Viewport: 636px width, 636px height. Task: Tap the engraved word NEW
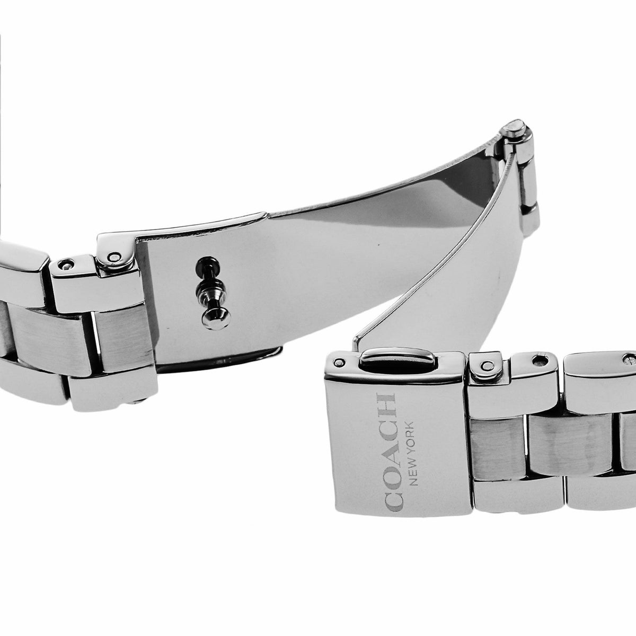tap(413, 470)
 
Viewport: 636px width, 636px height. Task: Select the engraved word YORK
tap(413, 436)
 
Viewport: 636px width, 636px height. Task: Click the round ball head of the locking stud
tap(216, 318)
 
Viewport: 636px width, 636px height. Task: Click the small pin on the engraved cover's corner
tap(338, 362)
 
